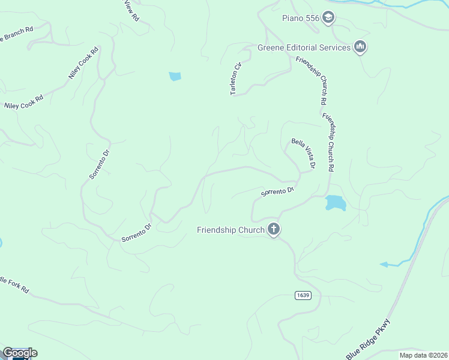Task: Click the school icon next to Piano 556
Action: coord(328,18)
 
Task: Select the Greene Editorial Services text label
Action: coord(304,47)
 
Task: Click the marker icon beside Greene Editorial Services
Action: coord(360,47)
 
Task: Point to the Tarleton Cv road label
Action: coord(236,78)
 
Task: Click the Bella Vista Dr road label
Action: coord(304,152)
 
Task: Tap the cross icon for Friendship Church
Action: coord(274,229)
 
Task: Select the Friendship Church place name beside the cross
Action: coord(231,230)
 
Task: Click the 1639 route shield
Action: coord(303,295)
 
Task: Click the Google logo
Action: coord(19,353)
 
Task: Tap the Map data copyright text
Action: coord(423,355)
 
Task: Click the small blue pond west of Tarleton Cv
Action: coord(175,76)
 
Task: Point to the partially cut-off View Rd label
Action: coord(131,10)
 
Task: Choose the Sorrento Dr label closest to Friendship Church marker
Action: coord(277,192)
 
